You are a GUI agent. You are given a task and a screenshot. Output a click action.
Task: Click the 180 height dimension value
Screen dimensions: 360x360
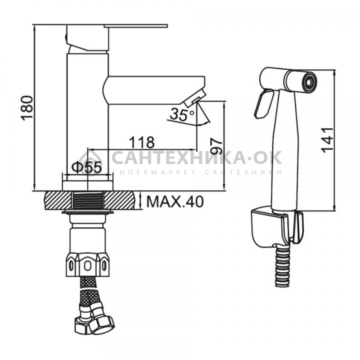click(27, 108)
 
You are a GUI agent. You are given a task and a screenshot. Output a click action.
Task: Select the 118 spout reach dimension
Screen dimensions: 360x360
click(142, 142)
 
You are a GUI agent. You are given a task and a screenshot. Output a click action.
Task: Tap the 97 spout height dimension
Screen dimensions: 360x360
click(217, 146)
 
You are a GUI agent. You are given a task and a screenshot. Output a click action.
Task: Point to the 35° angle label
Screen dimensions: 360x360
click(182, 114)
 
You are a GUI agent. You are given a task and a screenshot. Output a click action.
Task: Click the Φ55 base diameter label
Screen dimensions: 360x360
click(86, 167)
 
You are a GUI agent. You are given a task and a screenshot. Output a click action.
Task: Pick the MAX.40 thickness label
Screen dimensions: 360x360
click(175, 202)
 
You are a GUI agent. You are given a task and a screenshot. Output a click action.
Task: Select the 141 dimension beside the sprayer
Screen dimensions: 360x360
click(327, 140)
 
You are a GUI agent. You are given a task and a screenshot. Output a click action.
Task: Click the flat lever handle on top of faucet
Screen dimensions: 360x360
click(136, 25)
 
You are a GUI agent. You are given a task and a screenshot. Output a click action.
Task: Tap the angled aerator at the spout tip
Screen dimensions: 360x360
click(195, 98)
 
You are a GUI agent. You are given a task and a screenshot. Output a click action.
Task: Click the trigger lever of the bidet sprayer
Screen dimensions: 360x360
click(263, 104)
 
